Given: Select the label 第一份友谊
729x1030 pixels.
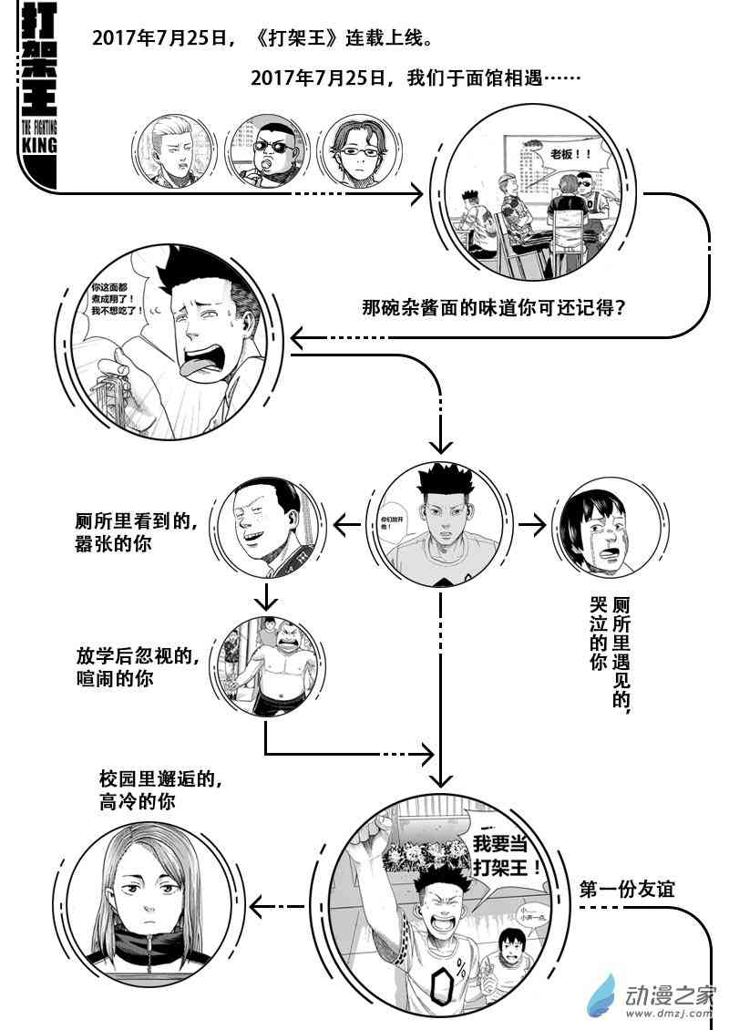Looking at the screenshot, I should coord(626,889).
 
